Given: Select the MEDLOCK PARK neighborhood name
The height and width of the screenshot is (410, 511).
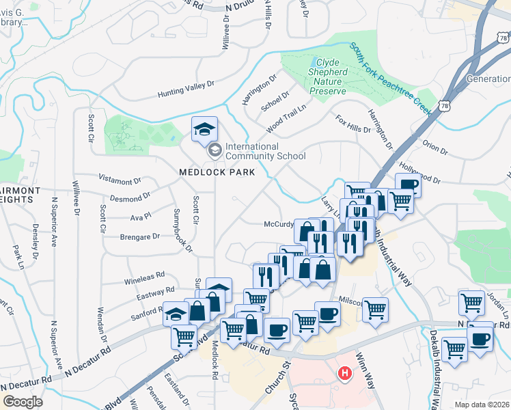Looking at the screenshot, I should (x=217, y=173).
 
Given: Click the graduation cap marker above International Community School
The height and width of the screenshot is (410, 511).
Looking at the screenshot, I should (x=204, y=129).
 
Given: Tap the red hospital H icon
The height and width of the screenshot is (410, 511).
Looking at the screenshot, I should (x=346, y=374).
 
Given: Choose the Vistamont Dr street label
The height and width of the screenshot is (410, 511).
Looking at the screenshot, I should (x=120, y=181).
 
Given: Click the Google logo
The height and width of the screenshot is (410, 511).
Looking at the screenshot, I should (x=23, y=402).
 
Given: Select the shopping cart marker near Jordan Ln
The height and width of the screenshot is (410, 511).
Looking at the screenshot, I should (x=472, y=302).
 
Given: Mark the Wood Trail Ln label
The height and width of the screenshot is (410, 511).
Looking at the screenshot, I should (x=286, y=120).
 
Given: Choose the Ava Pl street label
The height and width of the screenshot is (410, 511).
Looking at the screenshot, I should (x=140, y=219).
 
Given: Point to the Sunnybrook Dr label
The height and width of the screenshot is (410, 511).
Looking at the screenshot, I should (x=180, y=230).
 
